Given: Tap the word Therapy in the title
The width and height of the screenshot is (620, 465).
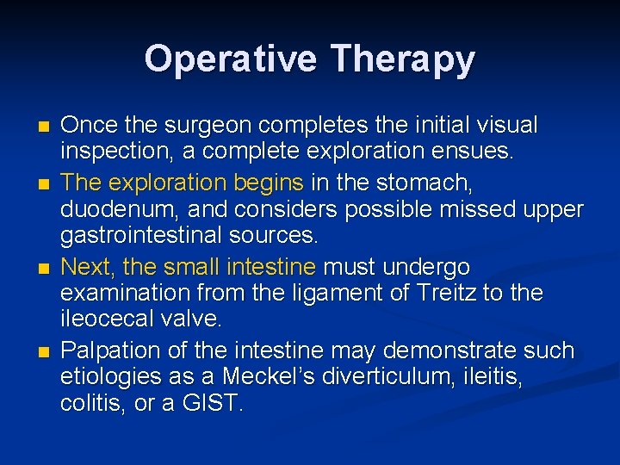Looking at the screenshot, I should tap(403, 59).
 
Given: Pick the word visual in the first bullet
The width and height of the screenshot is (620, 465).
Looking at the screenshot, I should tap(506, 126).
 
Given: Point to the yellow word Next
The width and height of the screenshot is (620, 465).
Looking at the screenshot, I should tap(87, 267).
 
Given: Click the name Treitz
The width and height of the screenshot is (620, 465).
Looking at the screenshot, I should tap(448, 293).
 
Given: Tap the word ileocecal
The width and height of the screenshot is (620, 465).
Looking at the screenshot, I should tap(105, 319).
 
